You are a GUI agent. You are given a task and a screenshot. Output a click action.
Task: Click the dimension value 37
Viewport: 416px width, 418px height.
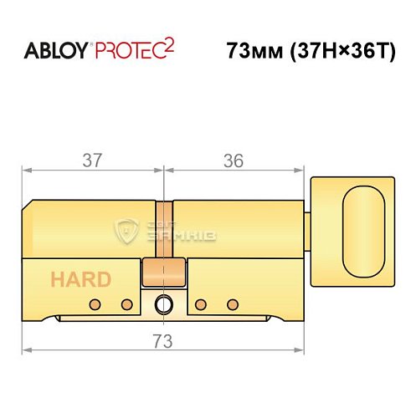(92, 161)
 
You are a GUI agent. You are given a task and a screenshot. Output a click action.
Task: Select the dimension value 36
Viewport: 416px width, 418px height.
(234, 161)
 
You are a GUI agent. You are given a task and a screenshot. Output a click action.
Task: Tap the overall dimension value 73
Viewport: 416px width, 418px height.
(163, 340)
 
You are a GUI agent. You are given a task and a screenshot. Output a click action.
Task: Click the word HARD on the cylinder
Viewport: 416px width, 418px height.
(80, 279)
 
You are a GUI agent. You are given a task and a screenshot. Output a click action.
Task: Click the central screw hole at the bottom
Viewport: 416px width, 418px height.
(164, 304)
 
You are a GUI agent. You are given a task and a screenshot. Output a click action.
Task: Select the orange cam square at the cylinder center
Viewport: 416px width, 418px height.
(164, 273)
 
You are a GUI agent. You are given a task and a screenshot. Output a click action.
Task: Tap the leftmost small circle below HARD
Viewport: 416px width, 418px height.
(96, 303)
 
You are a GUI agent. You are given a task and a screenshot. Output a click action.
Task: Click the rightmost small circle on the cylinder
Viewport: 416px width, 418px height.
(233, 303)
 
